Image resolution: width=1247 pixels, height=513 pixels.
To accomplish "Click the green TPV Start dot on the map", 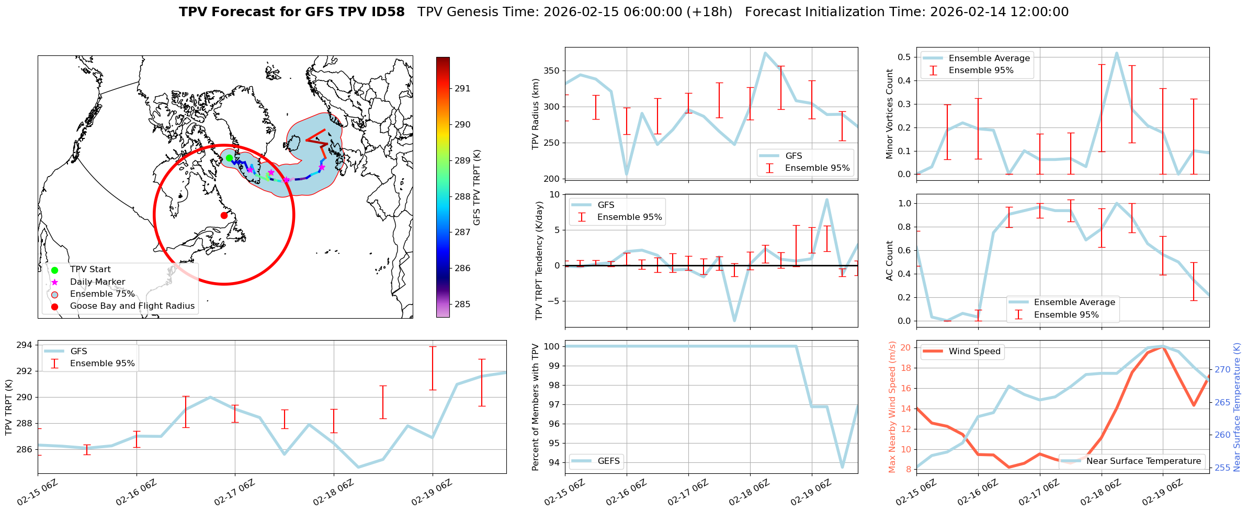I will [x=229, y=158].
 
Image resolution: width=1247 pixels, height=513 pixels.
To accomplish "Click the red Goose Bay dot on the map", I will [x=224, y=215].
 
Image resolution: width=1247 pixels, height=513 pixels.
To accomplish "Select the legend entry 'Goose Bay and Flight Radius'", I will [x=132, y=306].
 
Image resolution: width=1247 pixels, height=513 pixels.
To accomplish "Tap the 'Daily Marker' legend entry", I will [x=97, y=282].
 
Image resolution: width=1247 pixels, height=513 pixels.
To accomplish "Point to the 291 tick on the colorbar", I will [x=462, y=89].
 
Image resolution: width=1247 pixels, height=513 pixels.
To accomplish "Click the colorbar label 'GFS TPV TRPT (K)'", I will [x=477, y=188].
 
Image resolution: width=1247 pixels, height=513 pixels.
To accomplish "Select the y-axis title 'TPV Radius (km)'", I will [x=535, y=114].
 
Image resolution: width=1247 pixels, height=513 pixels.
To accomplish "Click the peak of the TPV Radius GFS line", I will [x=765, y=53].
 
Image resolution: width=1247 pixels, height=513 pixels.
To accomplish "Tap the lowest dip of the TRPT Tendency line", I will [x=734, y=321].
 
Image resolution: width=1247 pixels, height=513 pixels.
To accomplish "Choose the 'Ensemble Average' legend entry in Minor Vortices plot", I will [x=989, y=59].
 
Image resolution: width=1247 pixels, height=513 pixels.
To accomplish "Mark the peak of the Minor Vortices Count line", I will [x=1117, y=53].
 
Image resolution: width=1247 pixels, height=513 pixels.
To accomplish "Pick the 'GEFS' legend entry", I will [x=608, y=461].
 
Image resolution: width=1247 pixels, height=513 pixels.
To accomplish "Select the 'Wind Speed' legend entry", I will [x=974, y=352].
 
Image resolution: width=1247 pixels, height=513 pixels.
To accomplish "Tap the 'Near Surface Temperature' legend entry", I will [x=1143, y=461].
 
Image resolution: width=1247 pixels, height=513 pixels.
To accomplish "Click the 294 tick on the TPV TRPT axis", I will [x=25, y=345].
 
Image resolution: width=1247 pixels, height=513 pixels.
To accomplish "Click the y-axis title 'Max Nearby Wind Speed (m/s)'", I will [x=892, y=407].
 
